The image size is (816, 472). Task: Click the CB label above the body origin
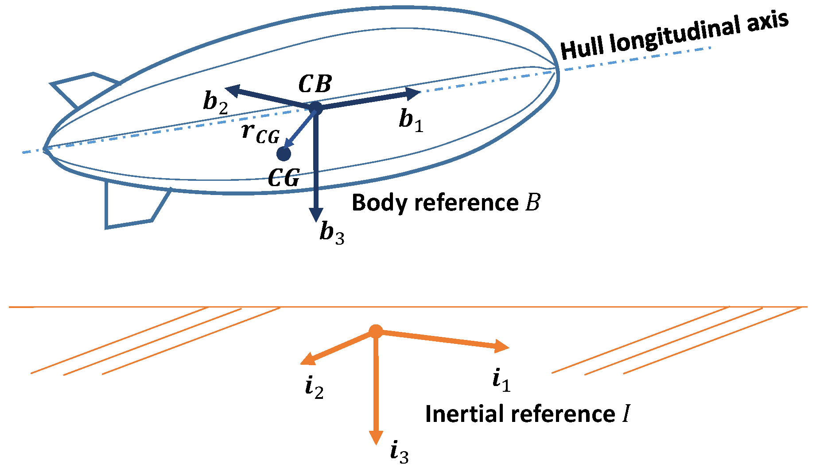click(x=315, y=84)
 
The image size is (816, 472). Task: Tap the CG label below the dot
click(x=284, y=178)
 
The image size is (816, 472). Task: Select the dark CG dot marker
click(x=284, y=154)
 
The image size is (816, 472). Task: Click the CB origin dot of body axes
click(x=315, y=108)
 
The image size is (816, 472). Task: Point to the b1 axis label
click(x=411, y=120)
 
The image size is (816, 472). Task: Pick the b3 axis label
click(x=332, y=233)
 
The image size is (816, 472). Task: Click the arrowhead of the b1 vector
click(x=414, y=93)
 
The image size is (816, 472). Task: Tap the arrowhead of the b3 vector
click(x=316, y=215)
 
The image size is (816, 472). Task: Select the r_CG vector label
click(x=261, y=133)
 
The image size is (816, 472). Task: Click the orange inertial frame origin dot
click(x=376, y=332)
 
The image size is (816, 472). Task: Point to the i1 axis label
click(x=501, y=380)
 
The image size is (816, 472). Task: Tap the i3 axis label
click(x=399, y=452)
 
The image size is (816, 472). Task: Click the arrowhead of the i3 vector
click(x=376, y=438)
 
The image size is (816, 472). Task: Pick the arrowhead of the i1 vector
click(x=502, y=347)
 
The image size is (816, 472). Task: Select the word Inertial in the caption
click(x=465, y=414)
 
